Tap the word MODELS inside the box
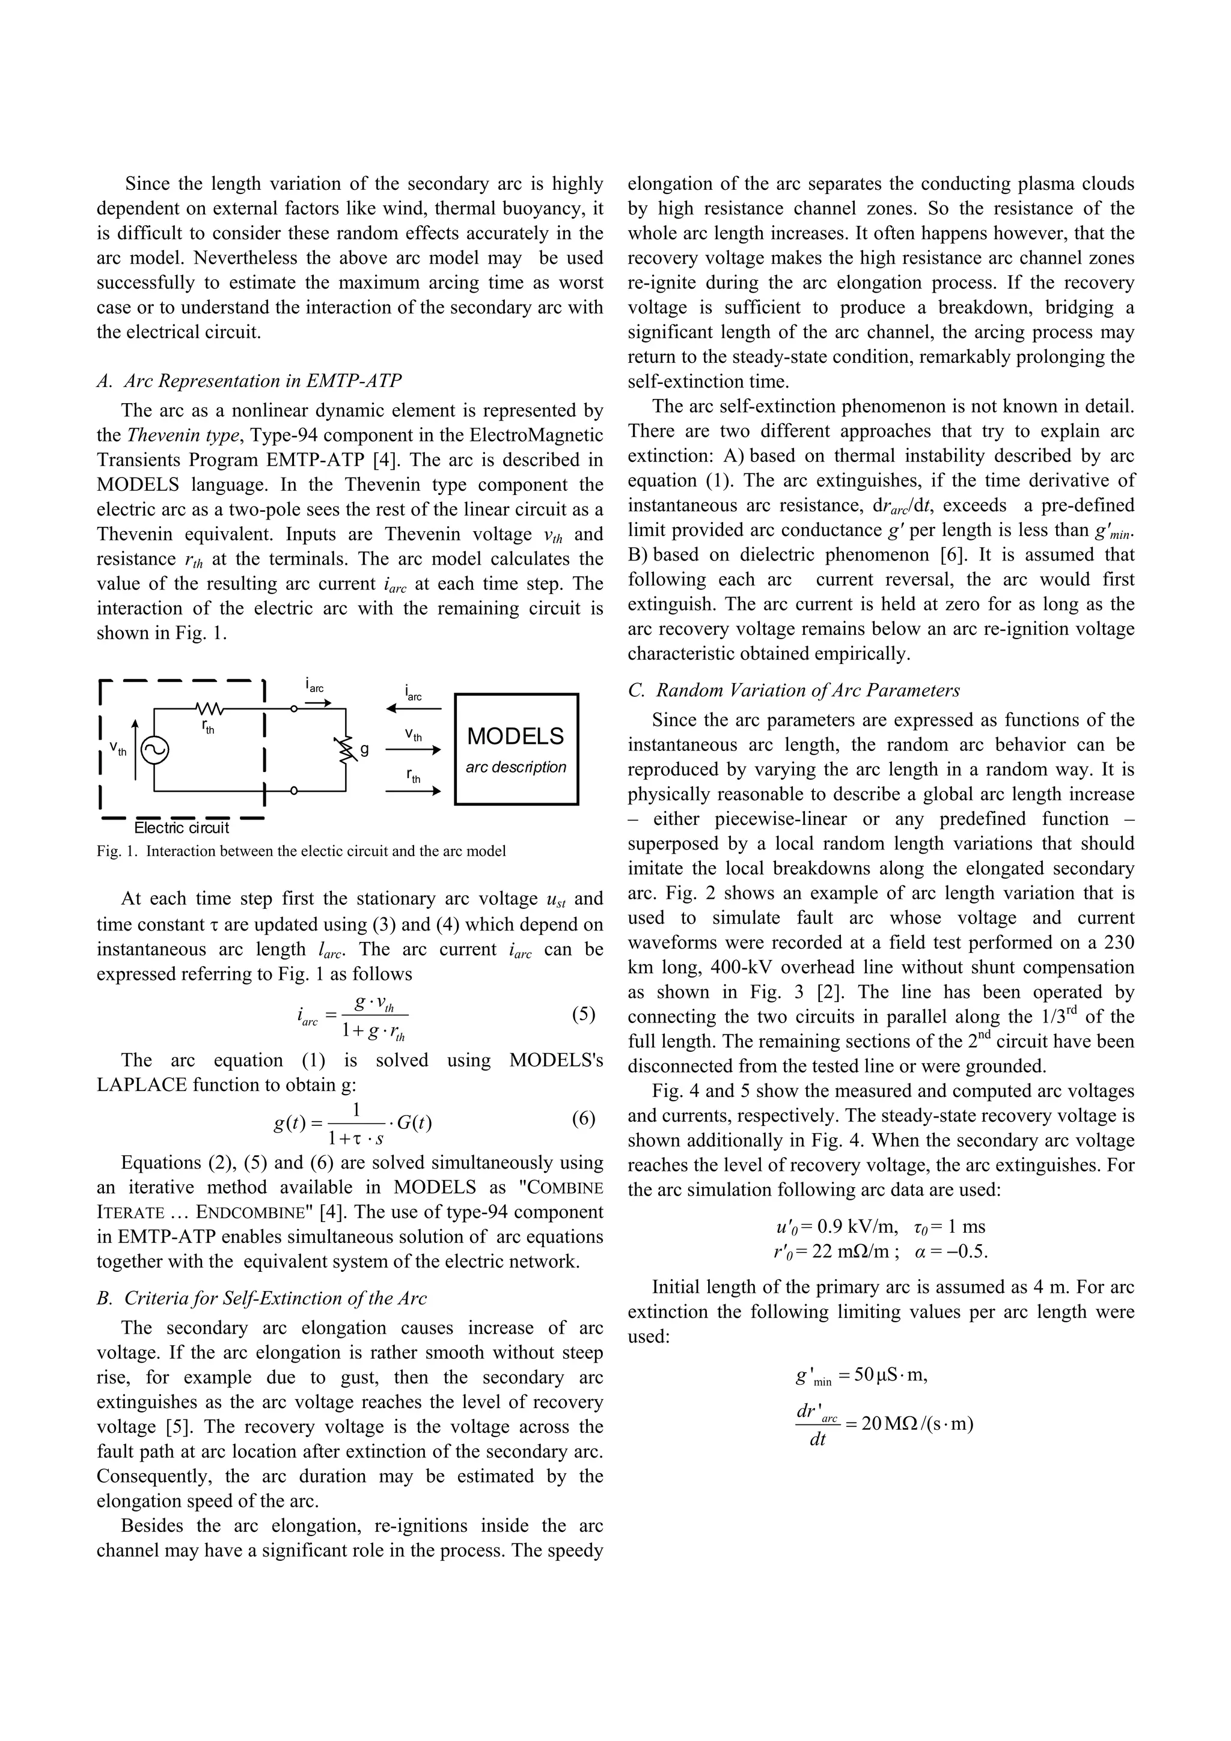pos(516,737)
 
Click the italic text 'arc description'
pos(516,767)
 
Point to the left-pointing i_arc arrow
pos(414,709)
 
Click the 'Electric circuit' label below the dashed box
pos(182,828)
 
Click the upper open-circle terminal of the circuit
pos(293,709)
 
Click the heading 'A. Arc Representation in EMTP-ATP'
pos(249,381)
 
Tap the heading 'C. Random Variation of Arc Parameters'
pos(794,690)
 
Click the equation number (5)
pos(582,1015)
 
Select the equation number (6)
pos(582,1119)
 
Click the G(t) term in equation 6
pos(414,1122)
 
